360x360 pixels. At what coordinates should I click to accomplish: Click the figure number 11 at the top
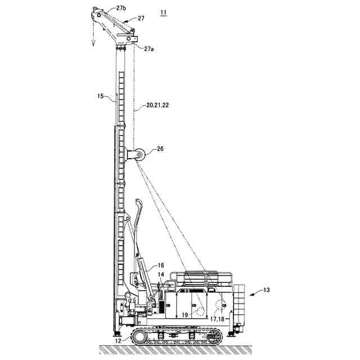163,12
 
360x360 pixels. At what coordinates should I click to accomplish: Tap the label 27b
122,8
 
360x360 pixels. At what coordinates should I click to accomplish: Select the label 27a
149,49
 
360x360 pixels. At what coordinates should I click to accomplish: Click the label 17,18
217,319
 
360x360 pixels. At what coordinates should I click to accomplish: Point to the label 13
267,290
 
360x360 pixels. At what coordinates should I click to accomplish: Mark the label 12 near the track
117,339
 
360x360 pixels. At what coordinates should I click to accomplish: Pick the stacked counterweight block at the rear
240,304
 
